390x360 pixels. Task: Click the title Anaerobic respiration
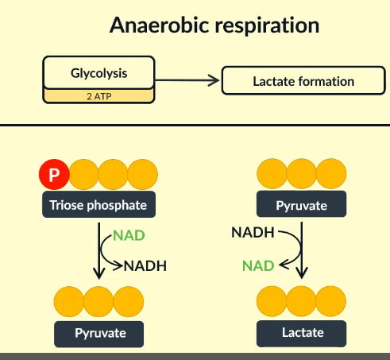click(214, 25)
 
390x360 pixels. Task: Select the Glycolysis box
click(98, 73)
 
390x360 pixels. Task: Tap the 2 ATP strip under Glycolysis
click(98, 96)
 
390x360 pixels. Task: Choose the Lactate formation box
click(303, 81)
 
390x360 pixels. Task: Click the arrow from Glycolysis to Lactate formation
click(187, 79)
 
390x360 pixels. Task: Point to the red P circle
click(54, 175)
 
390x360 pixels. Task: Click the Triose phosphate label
click(98, 205)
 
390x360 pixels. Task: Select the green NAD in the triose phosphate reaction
click(129, 236)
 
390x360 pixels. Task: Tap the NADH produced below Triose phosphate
click(145, 265)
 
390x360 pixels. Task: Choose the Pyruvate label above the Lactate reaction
click(301, 205)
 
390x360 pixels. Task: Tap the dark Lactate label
click(301, 333)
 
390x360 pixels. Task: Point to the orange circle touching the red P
click(84, 175)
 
